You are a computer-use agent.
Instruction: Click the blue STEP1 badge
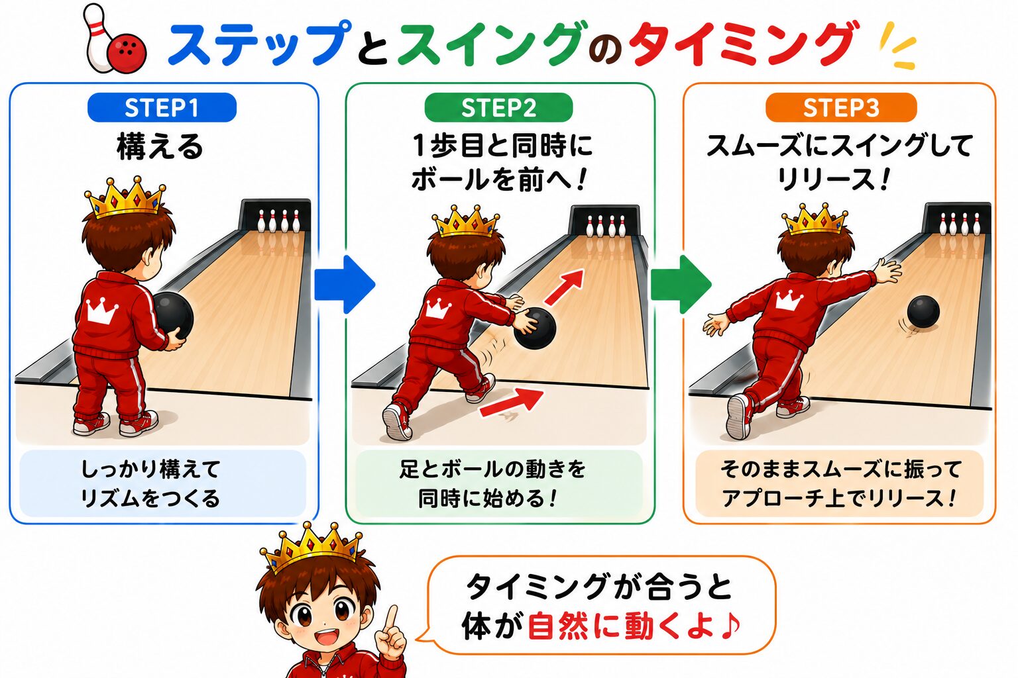point(162,108)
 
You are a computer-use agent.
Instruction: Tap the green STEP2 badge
point(498,108)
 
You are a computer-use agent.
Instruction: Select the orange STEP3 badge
point(841,108)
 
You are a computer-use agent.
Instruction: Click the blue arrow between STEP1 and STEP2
point(345,285)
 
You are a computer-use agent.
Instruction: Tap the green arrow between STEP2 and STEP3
point(681,285)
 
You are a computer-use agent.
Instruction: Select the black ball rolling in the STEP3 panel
point(923,312)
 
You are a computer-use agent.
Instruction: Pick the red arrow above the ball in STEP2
point(565,287)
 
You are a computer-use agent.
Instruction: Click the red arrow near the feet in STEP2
point(512,402)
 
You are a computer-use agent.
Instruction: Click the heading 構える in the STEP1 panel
point(160,147)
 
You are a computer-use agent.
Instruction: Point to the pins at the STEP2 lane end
point(605,225)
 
